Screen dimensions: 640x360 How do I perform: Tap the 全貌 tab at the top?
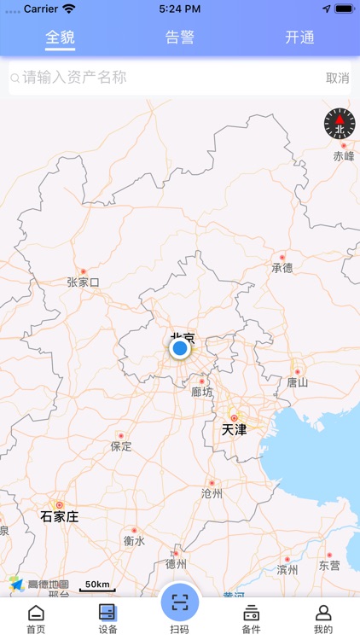coord(60,38)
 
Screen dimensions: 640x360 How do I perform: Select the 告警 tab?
coord(180,38)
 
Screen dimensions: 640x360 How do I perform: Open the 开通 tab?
coord(299,38)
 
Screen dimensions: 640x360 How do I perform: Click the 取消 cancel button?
coord(337,78)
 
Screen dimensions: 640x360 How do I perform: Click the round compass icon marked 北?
coord(339,125)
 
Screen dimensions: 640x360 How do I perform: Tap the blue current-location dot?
coord(179,348)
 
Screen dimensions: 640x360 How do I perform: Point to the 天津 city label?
coord(234,429)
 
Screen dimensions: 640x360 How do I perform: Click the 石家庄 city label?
coord(60,516)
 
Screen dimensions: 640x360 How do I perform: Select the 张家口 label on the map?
coord(84,282)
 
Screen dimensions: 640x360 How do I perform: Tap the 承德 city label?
coord(282,268)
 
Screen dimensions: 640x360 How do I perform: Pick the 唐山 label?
coord(297,382)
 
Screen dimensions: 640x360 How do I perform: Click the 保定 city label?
coord(121,446)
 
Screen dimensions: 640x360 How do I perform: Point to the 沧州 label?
coord(212,493)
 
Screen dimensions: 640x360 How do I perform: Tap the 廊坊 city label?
coord(202,392)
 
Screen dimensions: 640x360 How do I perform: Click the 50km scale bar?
coord(96,586)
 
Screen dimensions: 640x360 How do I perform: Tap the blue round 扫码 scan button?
coord(179,602)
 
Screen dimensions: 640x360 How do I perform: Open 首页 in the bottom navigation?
coord(36,619)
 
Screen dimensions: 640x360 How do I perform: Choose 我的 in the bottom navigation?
coord(323,619)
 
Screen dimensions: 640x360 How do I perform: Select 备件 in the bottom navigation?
coord(251,619)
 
